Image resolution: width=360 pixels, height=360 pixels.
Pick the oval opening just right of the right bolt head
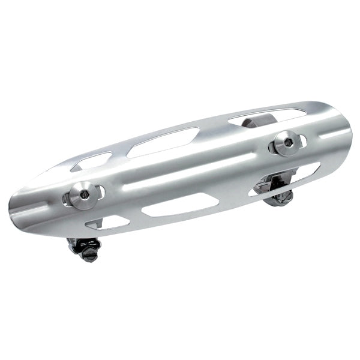click(x=303, y=141)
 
